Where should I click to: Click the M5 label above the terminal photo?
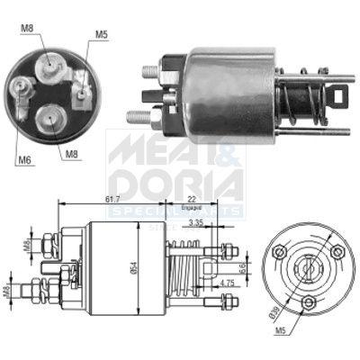point(102,35)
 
